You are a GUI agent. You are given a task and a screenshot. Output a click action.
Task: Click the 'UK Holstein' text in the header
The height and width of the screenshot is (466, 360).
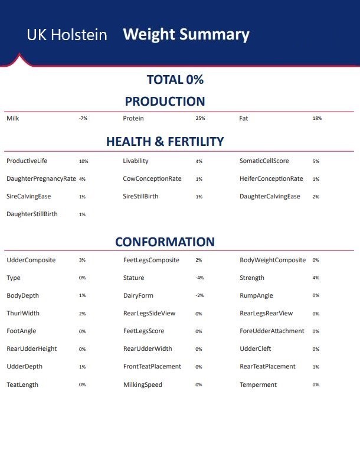[67, 35]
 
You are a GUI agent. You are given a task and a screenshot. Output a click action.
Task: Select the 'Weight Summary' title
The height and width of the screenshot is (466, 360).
[186, 34]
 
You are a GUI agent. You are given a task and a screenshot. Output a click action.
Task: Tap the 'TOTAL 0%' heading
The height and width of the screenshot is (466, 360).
[175, 80]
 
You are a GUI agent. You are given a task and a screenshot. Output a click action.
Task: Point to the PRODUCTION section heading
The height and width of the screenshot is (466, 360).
[165, 102]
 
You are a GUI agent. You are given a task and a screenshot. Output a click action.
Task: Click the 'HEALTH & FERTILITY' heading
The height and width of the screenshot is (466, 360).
[165, 142]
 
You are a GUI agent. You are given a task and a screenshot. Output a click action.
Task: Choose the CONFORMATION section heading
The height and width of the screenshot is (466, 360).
[165, 242]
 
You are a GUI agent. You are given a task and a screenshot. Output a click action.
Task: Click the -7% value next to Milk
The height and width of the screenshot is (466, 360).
[83, 119]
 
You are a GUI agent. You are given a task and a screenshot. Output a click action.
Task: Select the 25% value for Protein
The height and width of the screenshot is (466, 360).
[200, 119]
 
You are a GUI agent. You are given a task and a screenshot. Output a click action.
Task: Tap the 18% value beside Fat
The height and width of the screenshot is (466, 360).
[317, 119]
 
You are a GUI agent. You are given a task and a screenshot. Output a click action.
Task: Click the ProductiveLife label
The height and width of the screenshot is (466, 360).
[31, 161]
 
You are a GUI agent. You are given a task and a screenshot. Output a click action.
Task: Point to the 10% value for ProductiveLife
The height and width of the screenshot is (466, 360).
[83, 161]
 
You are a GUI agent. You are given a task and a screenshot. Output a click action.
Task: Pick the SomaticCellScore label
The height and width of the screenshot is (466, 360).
[264, 161]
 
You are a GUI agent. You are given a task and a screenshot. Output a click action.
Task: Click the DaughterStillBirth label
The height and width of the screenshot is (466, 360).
[32, 214]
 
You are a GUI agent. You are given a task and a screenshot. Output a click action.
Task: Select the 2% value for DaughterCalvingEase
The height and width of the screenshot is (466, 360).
[316, 197]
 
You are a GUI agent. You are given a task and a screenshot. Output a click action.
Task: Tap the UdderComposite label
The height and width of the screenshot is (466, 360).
[31, 260]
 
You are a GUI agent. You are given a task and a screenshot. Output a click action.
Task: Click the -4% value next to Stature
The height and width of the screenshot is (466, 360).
[199, 278]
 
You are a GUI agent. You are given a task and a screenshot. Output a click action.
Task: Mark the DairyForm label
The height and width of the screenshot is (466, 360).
[138, 296]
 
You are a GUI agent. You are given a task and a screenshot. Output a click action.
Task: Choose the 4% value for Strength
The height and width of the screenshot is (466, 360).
[316, 278]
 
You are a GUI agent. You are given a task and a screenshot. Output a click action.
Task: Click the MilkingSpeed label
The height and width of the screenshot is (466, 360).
[142, 385]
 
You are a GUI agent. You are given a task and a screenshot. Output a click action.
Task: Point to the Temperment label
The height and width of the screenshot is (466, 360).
[258, 385]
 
